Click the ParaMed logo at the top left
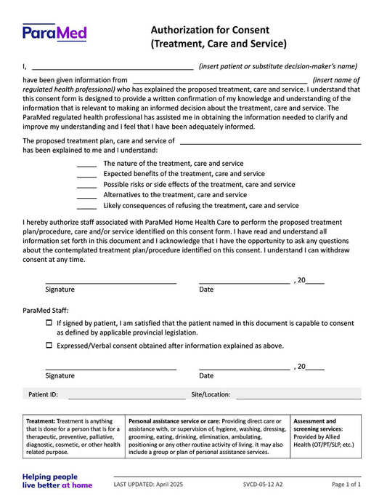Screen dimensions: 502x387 (x=54, y=32)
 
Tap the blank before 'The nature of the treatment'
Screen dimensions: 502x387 (x=86, y=164)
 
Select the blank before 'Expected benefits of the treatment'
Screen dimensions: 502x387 (x=86, y=175)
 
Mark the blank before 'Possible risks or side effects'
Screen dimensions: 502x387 (x=86, y=186)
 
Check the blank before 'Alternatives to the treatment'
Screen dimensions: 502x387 (x=86, y=196)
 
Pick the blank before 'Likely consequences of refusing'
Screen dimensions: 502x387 (x=86, y=206)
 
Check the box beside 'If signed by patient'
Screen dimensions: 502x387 (x=49, y=322)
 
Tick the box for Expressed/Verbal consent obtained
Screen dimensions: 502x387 (x=49, y=346)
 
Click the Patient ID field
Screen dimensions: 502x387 (x=127, y=394)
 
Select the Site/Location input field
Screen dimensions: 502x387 (x=298, y=394)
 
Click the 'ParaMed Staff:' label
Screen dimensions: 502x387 (x=46, y=309)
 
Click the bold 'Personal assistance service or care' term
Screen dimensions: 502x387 (x=174, y=421)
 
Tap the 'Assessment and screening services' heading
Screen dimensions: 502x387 (x=314, y=425)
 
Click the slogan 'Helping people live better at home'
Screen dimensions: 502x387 (x=57, y=481)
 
